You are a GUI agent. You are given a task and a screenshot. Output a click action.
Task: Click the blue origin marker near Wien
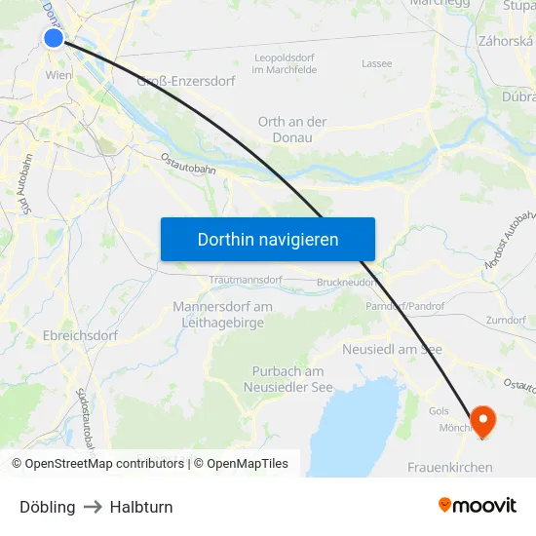pos(54,38)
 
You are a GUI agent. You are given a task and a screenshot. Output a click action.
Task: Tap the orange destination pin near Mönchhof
pos(482,419)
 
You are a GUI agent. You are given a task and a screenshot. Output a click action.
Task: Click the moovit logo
pos(478,506)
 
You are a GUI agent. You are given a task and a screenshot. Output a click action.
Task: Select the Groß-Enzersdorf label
pos(187,82)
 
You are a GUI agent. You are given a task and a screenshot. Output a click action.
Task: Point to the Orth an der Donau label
pos(292,130)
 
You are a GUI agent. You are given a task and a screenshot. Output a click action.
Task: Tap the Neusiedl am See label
pos(393,349)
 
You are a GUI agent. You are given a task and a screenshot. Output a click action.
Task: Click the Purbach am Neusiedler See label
pos(287,379)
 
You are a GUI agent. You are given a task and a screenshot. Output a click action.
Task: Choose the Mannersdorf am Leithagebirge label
pos(222,315)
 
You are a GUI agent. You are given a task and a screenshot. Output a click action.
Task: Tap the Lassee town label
pos(376,63)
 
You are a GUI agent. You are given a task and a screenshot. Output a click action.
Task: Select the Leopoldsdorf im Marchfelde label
pos(285,63)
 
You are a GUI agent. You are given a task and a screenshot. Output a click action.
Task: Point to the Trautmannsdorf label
pos(246,280)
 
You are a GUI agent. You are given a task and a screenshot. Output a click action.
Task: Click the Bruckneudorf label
pos(345,283)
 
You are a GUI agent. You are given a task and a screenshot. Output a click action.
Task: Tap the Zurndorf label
pos(506,320)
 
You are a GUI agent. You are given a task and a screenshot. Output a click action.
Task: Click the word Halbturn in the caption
pos(141,507)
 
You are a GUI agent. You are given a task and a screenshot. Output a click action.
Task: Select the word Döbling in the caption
pos(47,507)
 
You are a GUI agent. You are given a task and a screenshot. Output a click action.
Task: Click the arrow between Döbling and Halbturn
pos(93,507)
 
